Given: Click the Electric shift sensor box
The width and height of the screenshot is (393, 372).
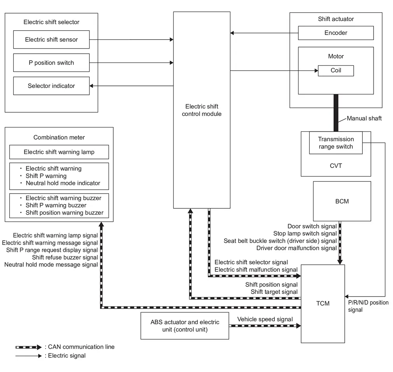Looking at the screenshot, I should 51,40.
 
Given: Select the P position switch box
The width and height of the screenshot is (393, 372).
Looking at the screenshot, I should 51,63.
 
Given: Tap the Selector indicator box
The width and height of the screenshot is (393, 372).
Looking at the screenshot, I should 51,86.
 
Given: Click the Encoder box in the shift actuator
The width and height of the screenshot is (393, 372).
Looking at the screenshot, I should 336,33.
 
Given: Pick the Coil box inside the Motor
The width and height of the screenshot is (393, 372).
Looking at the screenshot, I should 336,71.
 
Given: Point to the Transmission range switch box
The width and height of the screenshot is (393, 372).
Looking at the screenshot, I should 336,143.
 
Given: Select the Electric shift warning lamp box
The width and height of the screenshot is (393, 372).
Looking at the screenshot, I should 59,152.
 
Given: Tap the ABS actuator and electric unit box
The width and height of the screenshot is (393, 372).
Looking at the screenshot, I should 184,326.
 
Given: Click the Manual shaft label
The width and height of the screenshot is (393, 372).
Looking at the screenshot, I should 364,119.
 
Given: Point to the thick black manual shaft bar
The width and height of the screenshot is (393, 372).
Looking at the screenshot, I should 336,113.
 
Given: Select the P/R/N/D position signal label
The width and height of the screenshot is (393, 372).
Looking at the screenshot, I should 368,306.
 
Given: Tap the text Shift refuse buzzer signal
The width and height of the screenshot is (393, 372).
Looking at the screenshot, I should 65,257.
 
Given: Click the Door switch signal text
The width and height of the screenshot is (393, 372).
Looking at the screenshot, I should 312,226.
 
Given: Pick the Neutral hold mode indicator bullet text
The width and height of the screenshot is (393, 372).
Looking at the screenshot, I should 63,183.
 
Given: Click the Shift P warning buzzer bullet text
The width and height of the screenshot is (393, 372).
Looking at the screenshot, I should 56,205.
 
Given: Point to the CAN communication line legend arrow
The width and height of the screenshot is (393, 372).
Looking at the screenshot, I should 28,347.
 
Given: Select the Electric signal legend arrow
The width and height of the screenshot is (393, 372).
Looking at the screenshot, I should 28,356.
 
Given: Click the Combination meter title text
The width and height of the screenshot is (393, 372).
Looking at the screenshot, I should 59,137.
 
